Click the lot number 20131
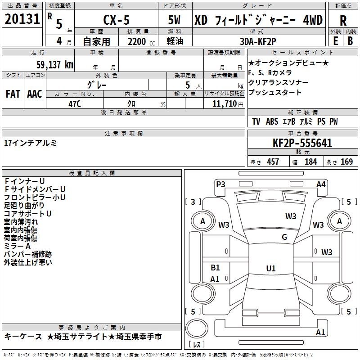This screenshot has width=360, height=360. [x=22, y=19]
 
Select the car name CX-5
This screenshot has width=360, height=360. [x=117, y=20]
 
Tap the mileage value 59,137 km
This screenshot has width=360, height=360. [x=55, y=64]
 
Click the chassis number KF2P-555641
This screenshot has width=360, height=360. [x=302, y=143]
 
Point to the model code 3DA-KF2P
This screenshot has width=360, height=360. [x=258, y=41]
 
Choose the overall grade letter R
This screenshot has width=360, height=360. [x=343, y=21]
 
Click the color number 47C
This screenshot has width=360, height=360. [x=75, y=104]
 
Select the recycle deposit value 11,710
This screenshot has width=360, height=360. [x=225, y=103]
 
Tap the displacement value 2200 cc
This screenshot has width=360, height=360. [x=141, y=41]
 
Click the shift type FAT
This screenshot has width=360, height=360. [x=13, y=94]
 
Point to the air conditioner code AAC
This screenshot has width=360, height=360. [x=35, y=94]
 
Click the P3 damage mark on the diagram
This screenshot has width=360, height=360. [x=220, y=184]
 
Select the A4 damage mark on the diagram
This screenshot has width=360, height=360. [x=321, y=184]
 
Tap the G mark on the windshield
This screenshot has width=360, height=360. [x=284, y=237]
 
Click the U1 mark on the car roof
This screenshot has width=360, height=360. [x=271, y=268]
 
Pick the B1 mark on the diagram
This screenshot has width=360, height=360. [x=215, y=267]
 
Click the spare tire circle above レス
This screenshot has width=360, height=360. [x=197, y=328]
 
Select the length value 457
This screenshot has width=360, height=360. [x=273, y=162]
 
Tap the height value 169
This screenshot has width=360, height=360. [x=346, y=162]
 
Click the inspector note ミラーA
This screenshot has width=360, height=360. [x=18, y=246]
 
